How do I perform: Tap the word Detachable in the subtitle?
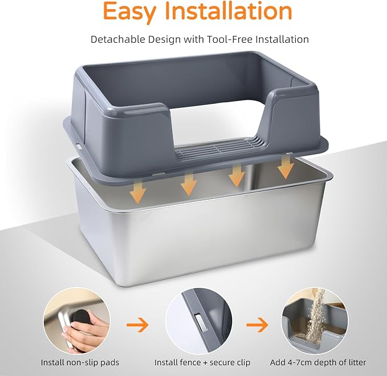pyautogui.click(x=117, y=39)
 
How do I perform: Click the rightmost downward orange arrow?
pyautogui.click(x=286, y=167)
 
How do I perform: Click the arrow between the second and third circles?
pyautogui.click(x=257, y=325)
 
